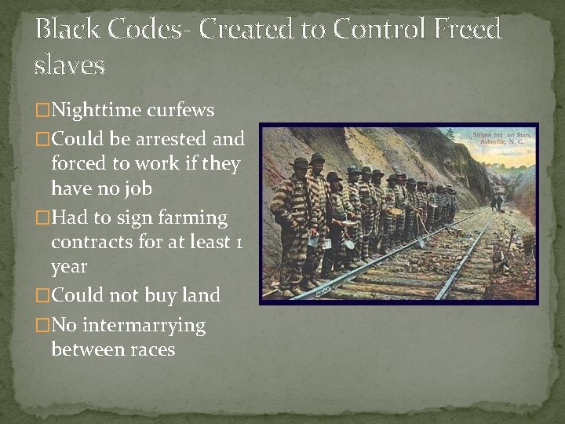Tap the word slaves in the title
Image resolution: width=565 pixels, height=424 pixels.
point(70,65)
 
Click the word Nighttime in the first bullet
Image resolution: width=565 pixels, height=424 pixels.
point(97,111)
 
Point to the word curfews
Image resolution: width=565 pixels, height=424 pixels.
point(183,111)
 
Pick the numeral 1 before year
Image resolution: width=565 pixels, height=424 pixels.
point(238,242)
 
